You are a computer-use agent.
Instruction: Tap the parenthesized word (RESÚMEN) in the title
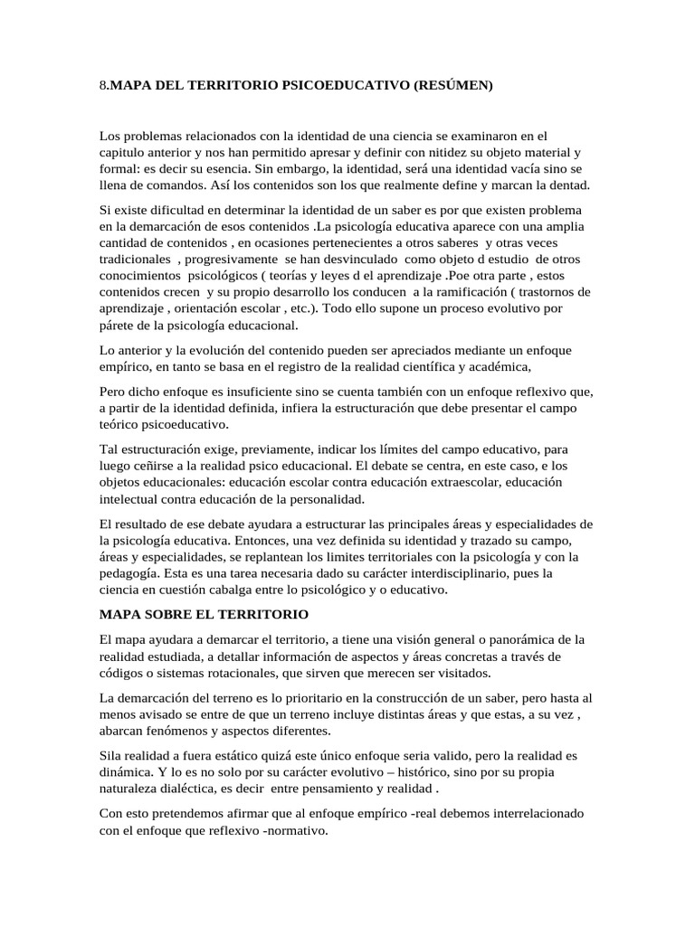452,86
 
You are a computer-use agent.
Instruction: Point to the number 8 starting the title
102,86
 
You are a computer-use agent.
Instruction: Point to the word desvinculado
346,259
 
